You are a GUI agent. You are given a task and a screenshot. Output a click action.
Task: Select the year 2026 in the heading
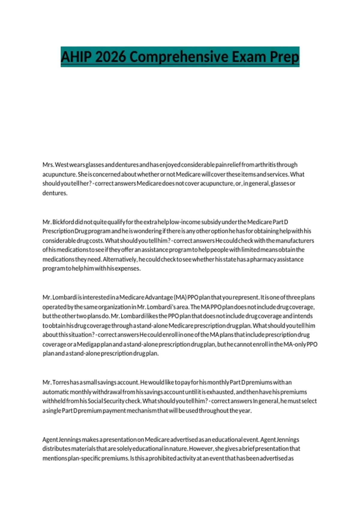pyautogui.click(x=110, y=57)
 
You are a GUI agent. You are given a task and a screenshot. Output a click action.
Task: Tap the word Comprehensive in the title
pyautogui.click(x=177, y=57)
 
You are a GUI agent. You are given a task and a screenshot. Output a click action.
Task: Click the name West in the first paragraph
pyautogui.click(x=62, y=165)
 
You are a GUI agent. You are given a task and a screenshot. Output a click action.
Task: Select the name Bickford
pyautogui.click(x=63, y=222)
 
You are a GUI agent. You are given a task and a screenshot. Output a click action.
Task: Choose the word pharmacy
pyautogui.click(x=263, y=259)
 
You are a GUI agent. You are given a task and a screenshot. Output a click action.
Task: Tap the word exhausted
pyautogui.click(x=220, y=392)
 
